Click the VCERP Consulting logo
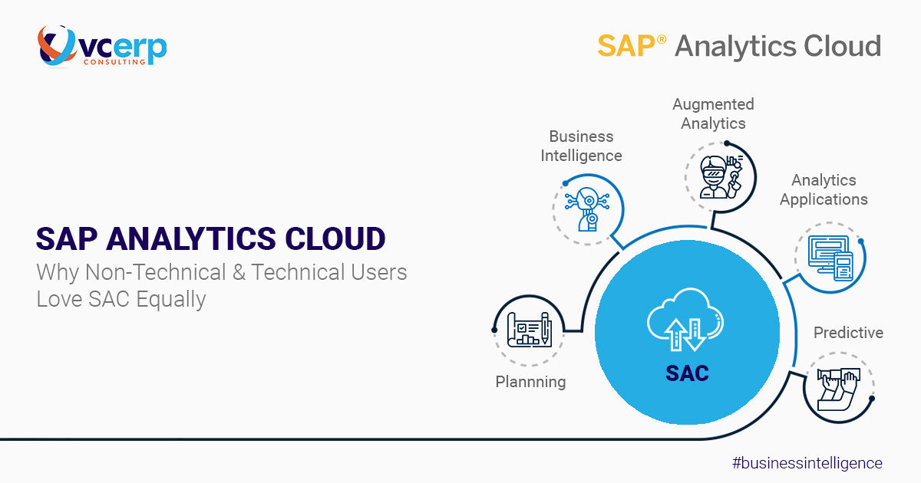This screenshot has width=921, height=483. tap(101, 45)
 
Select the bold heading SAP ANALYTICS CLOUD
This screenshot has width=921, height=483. tap(210, 239)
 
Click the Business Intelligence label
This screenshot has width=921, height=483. tap(581, 146)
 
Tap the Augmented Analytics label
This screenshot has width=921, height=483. tap(713, 113)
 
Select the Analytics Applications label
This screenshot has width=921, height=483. tap(824, 189)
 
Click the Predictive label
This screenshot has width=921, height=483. tap(848, 333)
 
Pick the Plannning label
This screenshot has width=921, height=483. tap(530, 381)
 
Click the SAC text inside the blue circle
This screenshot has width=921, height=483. tap(687, 373)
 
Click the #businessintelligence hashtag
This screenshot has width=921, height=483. tap(807, 463)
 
